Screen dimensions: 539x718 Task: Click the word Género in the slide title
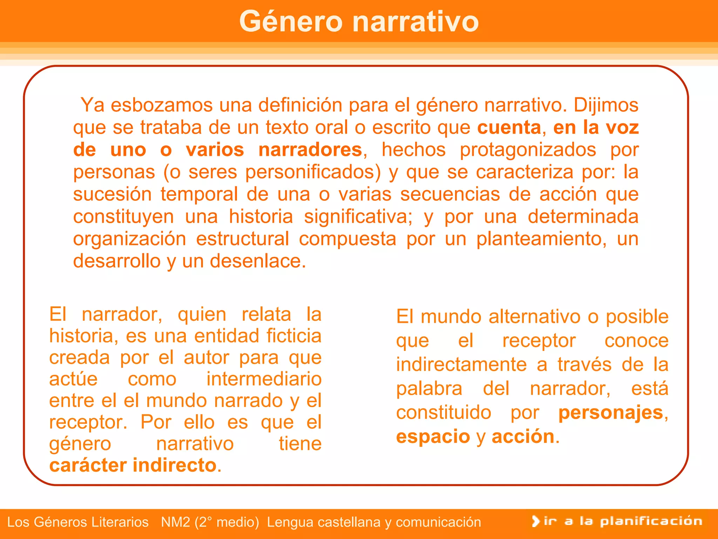click(x=291, y=22)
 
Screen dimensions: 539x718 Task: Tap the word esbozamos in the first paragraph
click(x=162, y=105)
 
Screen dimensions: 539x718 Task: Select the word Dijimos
click(x=606, y=105)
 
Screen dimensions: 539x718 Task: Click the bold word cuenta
click(x=509, y=127)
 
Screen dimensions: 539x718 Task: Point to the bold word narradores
click(x=310, y=150)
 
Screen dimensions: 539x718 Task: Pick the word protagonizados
click(x=528, y=150)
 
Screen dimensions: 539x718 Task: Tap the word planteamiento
click(x=541, y=239)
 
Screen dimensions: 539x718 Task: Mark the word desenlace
click(x=258, y=261)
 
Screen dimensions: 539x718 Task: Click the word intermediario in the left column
click(x=264, y=379)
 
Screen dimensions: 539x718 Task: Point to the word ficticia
click(x=294, y=336)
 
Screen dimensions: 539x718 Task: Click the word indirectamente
click(x=461, y=365)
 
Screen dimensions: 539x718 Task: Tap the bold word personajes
click(x=610, y=413)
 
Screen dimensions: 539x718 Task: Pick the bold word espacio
click(x=433, y=437)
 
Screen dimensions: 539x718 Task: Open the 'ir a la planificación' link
click(x=623, y=521)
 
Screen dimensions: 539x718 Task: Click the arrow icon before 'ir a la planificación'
click(x=535, y=521)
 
